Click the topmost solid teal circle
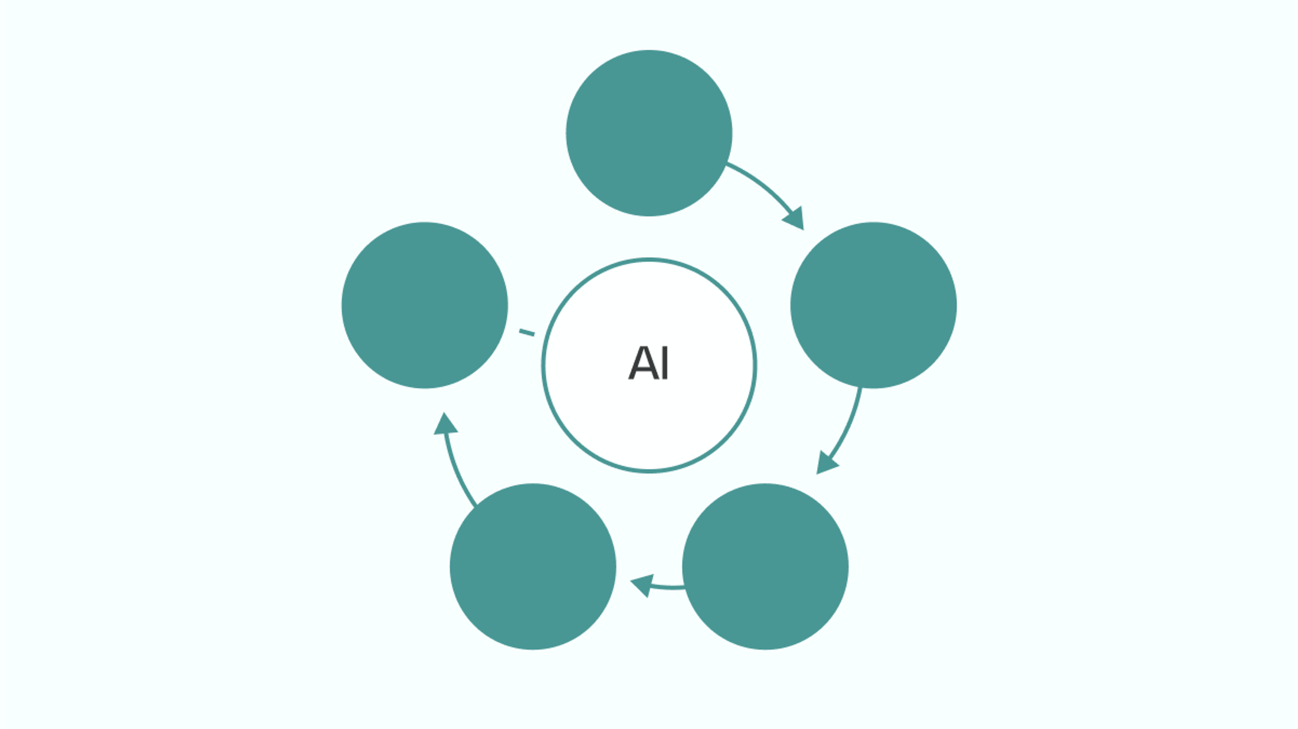pos(649,133)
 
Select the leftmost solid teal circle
pos(424,305)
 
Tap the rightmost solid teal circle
pos(873,305)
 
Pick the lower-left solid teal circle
pos(533,566)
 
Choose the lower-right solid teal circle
pos(765,566)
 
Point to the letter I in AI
pos(665,363)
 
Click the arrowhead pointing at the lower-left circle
pos(642,584)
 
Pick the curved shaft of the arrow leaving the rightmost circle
pos(848,425)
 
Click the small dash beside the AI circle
pos(526,333)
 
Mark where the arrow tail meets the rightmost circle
pos(860,389)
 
